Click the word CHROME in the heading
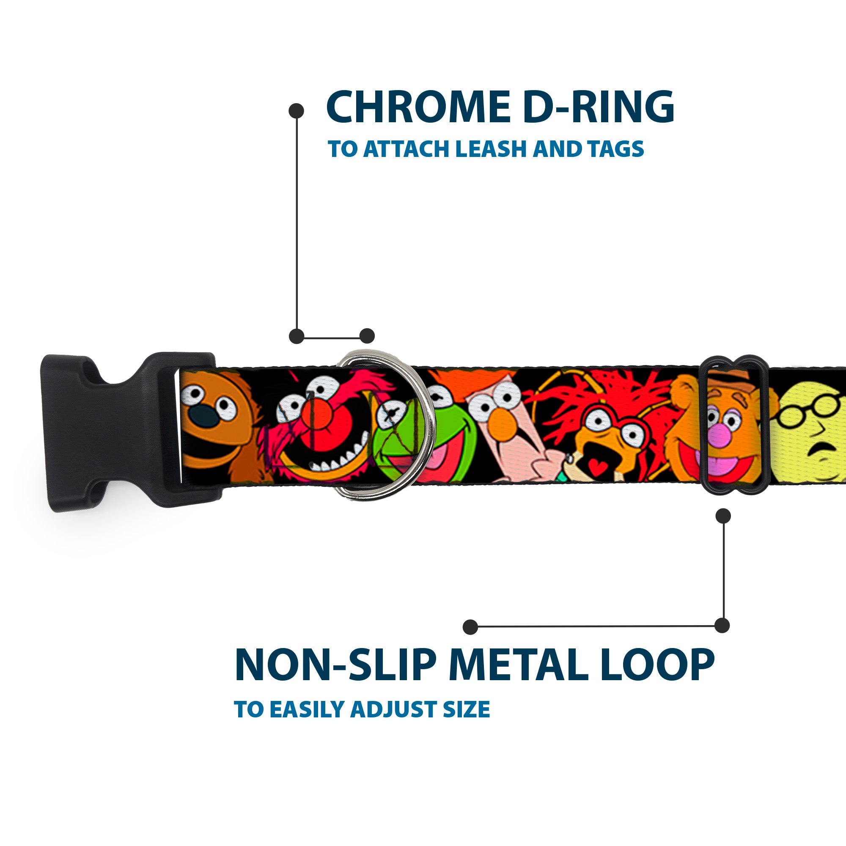click(x=418, y=107)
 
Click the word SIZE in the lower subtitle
click(x=466, y=709)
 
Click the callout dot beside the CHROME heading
click(x=297, y=111)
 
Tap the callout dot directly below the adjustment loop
click(x=723, y=516)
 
